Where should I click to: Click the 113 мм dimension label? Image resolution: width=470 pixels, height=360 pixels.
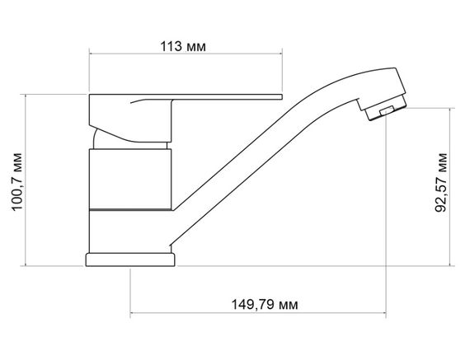coord(179,46)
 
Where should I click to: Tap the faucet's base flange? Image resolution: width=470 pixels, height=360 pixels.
coord(131,260)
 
